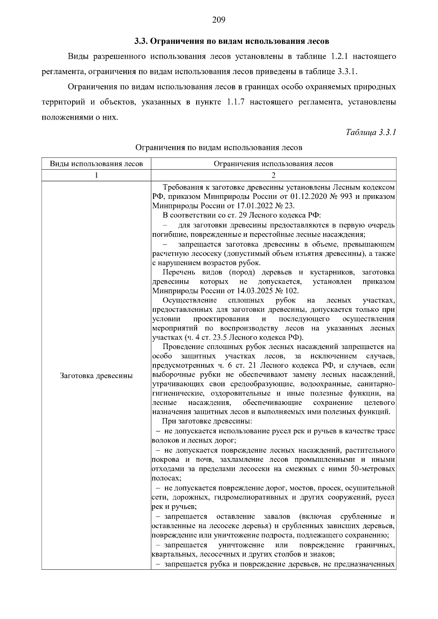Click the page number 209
click(x=219, y=20)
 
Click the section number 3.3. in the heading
click(x=141, y=41)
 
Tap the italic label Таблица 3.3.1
click(x=370, y=132)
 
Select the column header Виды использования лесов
click(x=96, y=164)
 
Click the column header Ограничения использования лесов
click(x=273, y=164)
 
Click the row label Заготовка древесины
click(x=96, y=376)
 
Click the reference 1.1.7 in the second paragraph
click(x=237, y=102)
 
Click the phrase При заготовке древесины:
click(x=207, y=422)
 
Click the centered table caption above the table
click(x=219, y=148)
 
